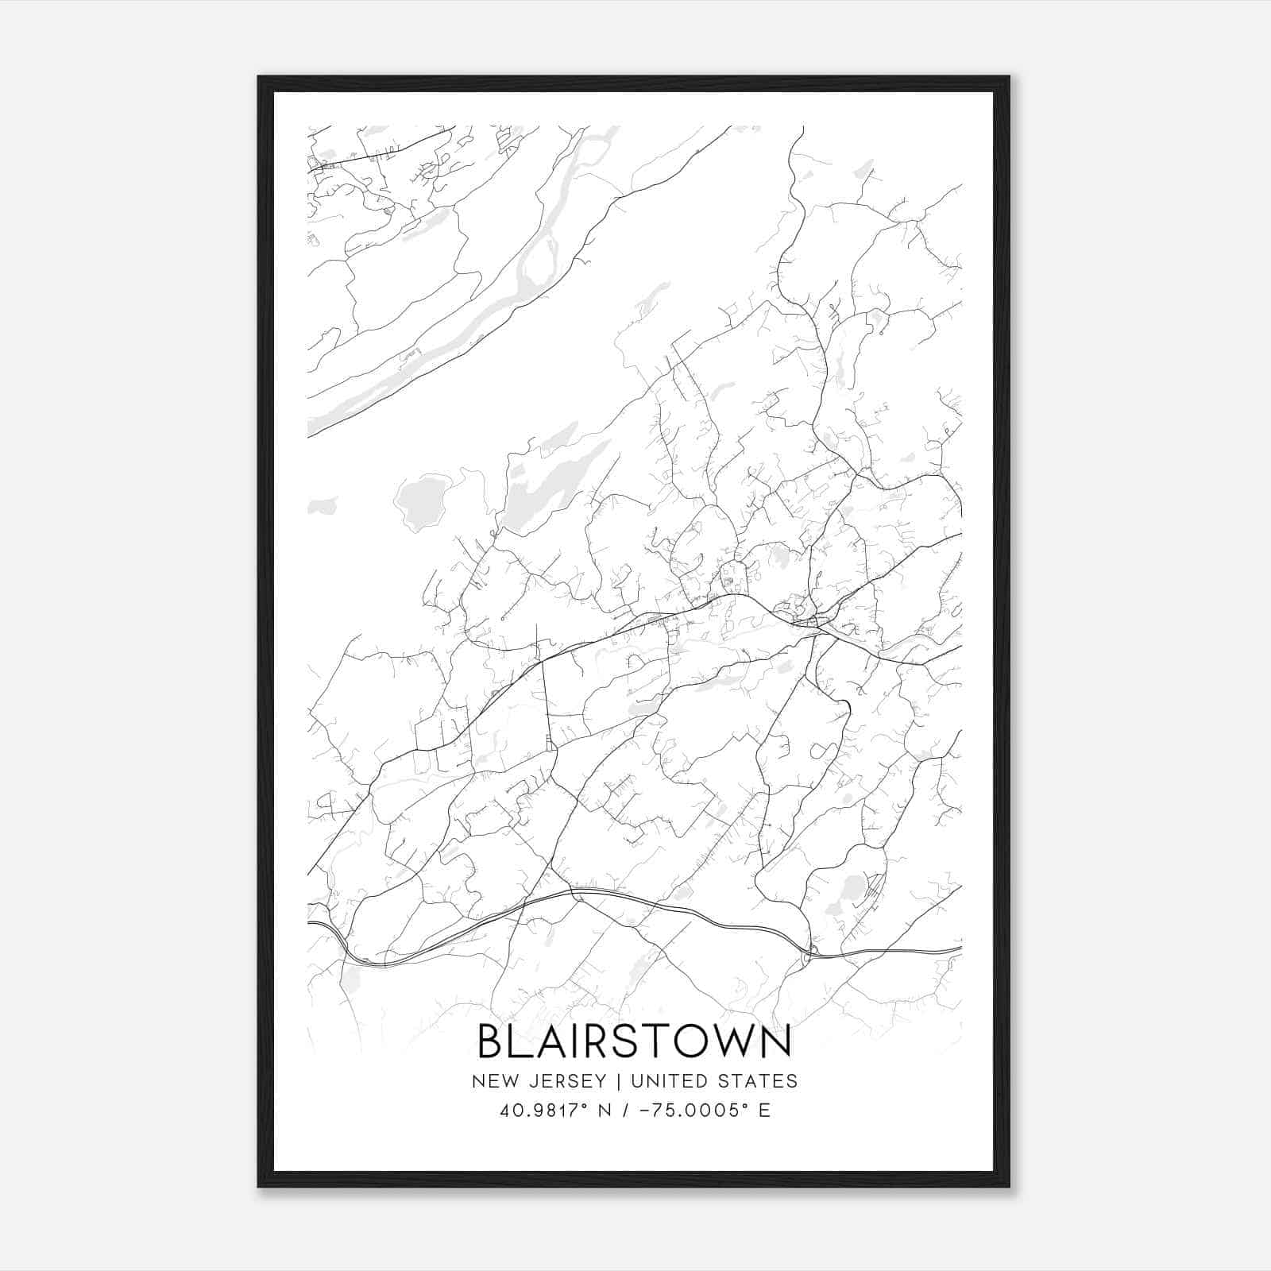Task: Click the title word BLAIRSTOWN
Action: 635,1041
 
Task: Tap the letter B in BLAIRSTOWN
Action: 492,1041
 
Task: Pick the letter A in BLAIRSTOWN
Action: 550,1041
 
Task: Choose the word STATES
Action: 759,1081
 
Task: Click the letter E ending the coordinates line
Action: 765,1111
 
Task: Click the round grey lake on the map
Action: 421,502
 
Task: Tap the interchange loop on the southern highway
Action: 811,952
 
